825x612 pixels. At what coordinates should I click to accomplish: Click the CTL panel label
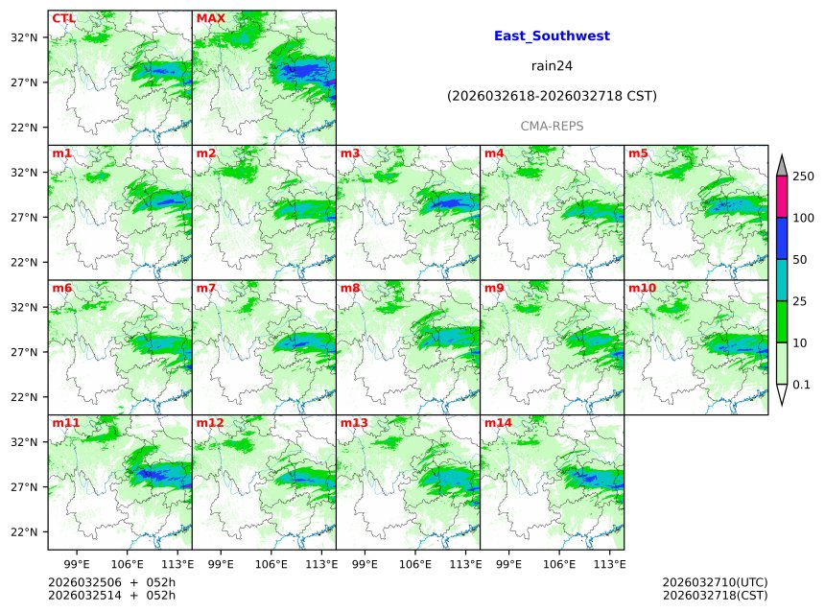click(x=64, y=18)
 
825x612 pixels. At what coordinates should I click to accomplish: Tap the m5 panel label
click(x=638, y=153)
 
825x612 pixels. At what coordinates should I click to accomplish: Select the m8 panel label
click(x=350, y=288)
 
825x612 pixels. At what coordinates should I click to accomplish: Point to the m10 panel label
click(x=642, y=288)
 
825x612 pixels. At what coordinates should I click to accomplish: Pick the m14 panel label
click(x=498, y=423)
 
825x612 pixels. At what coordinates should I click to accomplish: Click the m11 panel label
click(x=66, y=423)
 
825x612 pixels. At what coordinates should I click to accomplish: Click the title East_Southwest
click(x=552, y=36)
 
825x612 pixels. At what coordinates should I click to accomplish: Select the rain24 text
click(x=552, y=66)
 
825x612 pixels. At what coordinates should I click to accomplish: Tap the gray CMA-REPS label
click(x=552, y=126)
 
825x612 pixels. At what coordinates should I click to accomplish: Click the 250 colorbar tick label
click(x=803, y=177)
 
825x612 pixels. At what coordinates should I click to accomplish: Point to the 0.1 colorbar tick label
click(x=802, y=385)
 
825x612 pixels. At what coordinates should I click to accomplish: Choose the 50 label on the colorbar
click(x=800, y=260)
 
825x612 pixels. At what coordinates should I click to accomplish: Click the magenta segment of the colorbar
click(x=782, y=197)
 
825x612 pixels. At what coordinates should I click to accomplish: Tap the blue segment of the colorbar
click(x=782, y=238)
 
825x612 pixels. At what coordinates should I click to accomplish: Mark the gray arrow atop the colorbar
click(x=782, y=166)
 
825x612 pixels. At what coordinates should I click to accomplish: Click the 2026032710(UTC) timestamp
click(x=715, y=582)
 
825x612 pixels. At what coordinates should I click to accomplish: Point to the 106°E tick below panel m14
click(x=559, y=563)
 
